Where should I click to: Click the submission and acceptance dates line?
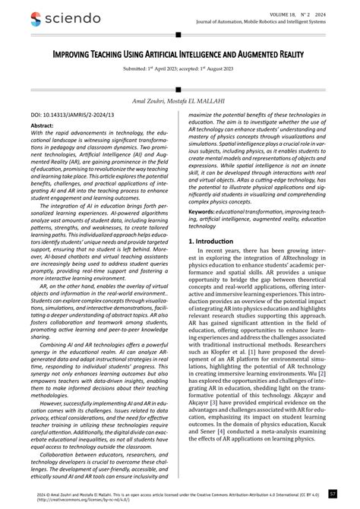[x=179, y=68]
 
